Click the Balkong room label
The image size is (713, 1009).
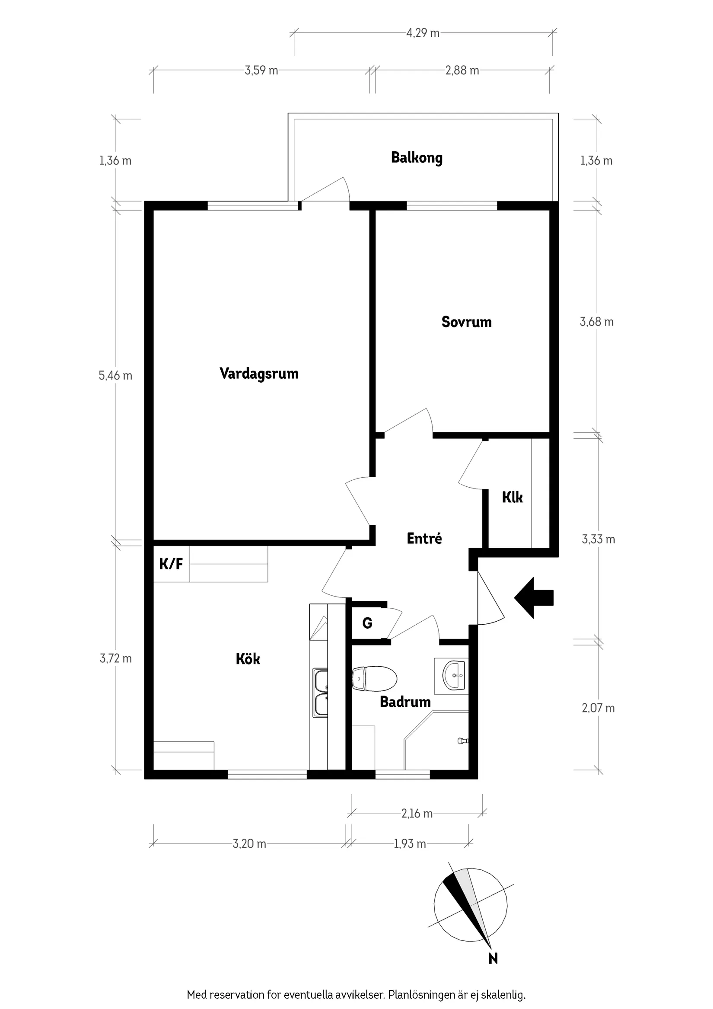coord(417,158)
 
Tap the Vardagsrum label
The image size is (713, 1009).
coord(259,374)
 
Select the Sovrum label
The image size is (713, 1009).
coord(466,322)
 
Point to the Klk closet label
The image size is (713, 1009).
coord(512,498)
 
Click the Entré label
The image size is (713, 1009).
coord(424,538)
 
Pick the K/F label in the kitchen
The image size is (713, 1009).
coord(171,564)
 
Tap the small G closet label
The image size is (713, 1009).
coord(367,623)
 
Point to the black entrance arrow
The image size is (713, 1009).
coord(533,598)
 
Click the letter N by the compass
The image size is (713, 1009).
coord(493,958)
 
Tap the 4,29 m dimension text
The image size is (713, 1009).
coord(423,33)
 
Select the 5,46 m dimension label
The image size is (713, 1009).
coord(115,375)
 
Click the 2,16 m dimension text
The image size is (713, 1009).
coord(417,814)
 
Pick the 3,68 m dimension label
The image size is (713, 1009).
coord(596,322)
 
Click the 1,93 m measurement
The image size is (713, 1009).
coord(410,844)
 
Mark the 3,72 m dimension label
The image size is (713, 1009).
coord(115,658)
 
